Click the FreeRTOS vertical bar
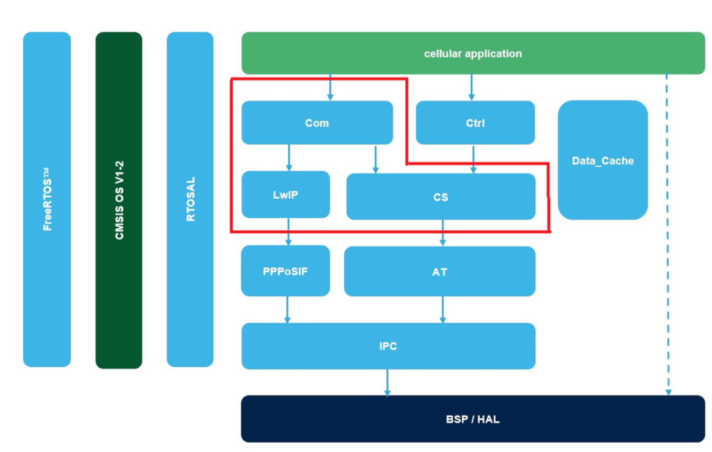47,199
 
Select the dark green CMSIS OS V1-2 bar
119,200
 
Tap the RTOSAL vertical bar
190,199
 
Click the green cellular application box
472,54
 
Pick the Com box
317,123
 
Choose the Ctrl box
475,123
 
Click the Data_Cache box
602,160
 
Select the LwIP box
285,195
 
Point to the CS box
440,197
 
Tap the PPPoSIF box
285,271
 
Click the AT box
439,272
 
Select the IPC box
388,346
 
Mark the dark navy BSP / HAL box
472,419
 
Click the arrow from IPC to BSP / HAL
387,382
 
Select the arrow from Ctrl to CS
473,159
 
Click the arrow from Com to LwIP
289,158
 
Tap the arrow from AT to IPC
442,310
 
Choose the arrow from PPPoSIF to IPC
287,310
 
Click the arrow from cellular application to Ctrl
472,87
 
